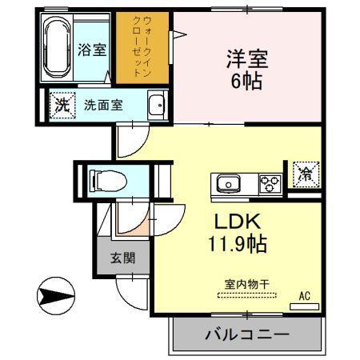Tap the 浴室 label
pos(92,50)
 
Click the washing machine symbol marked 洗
pos(59,104)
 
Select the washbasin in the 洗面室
pos(156,105)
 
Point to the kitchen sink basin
pos(229,184)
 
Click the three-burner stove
pos(270,183)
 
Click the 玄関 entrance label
pos(122,258)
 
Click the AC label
pos(304,295)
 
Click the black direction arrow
pos(55,296)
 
